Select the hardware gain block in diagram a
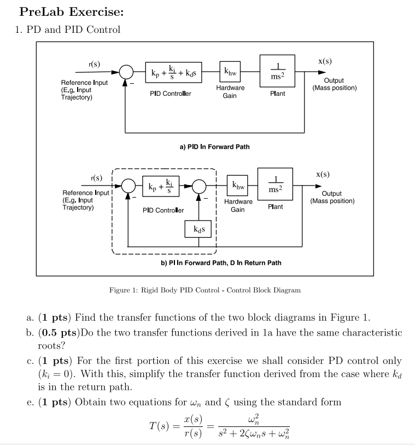(230, 72)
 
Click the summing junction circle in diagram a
(126, 72)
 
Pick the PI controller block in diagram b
(160, 187)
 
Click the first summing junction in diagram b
(128, 187)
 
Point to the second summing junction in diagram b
(198, 187)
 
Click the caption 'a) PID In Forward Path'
(214, 147)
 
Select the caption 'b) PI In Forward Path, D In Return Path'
(221, 263)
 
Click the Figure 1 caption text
(205, 290)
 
